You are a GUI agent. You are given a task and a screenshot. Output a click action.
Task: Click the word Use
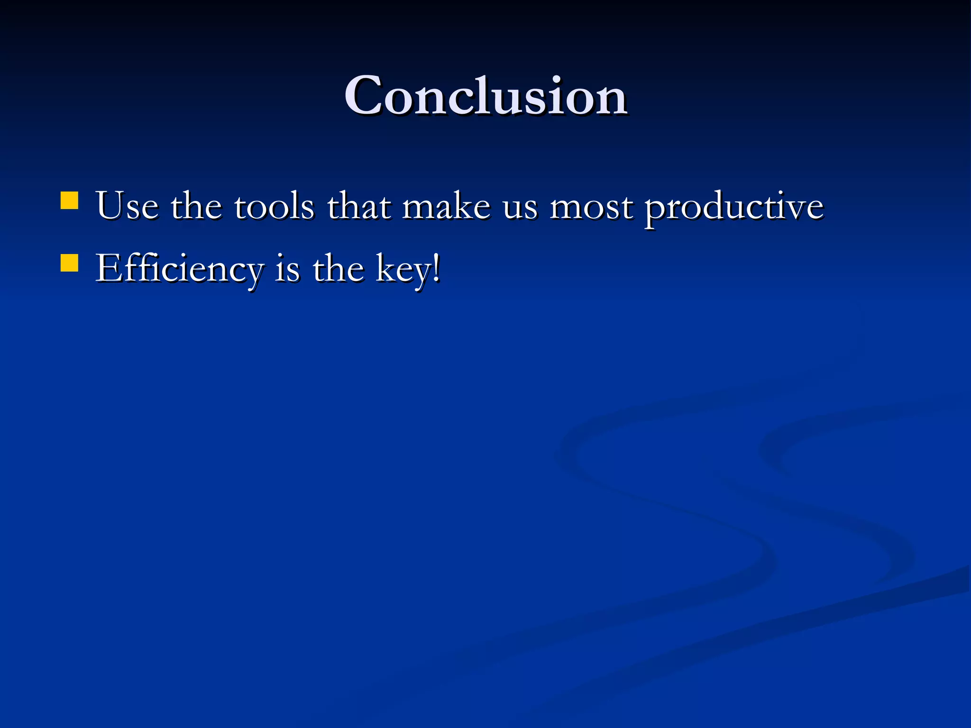click(127, 206)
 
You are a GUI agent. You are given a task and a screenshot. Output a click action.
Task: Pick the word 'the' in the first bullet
click(196, 206)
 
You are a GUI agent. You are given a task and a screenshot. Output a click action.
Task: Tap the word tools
click(274, 206)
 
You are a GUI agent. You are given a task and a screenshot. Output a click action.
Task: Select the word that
click(359, 206)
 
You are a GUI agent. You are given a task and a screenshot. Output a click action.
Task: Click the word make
click(446, 206)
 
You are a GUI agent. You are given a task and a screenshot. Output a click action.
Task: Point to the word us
click(520, 209)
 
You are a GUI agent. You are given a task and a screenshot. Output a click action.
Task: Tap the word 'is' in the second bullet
click(287, 269)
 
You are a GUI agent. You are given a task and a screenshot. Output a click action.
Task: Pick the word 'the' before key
click(338, 269)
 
